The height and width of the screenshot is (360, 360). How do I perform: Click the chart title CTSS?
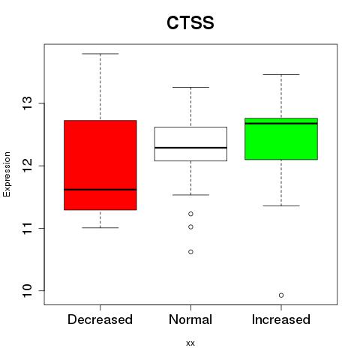190,22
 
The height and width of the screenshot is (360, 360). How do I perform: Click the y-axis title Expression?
7,174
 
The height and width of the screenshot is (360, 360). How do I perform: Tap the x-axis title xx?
190,343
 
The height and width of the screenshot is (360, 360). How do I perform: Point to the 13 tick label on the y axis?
28,103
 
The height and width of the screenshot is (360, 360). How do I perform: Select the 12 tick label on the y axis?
28,166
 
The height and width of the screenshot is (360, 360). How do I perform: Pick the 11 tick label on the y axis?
28,228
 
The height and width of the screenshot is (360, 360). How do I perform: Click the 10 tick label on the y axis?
28,290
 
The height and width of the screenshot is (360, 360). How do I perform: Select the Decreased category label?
100,319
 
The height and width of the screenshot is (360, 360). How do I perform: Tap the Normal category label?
190,319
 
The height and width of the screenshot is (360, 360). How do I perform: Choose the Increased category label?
281,319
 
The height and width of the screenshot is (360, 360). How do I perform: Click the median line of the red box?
100,190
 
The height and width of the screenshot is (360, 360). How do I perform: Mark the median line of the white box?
190,148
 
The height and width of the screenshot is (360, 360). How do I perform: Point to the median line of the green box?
281,124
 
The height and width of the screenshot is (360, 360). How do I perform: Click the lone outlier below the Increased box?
281,295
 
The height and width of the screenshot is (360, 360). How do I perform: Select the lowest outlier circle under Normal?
190,252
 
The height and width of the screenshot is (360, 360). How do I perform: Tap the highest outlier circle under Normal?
190,214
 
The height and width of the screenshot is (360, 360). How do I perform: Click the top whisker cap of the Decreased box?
100,54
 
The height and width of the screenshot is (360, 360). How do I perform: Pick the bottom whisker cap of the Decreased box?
100,228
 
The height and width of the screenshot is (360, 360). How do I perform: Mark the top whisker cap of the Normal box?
190,87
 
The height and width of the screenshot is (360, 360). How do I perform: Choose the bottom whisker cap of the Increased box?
281,205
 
